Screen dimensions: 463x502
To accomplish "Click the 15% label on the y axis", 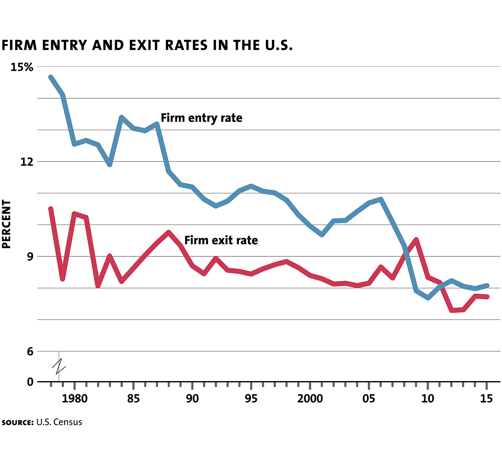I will pyautogui.click(x=21, y=67).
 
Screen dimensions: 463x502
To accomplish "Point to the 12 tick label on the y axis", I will pyautogui.click(x=27, y=162).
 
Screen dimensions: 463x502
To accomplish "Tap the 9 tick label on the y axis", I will pyautogui.click(x=30, y=257).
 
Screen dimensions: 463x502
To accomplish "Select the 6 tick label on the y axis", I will pyautogui.click(x=30, y=352).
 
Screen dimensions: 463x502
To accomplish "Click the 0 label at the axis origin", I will pyautogui.click(x=30, y=381).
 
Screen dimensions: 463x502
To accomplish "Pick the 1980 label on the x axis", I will pyautogui.click(x=74, y=399).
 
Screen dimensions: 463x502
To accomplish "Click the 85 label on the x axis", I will pyautogui.click(x=133, y=399).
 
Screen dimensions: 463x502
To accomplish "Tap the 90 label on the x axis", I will pyautogui.click(x=192, y=399).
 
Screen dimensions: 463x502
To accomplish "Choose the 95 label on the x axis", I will pyautogui.click(x=251, y=399).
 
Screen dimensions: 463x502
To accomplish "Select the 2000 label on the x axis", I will pyautogui.click(x=310, y=399).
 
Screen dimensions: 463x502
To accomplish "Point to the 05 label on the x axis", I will pyautogui.click(x=369, y=399).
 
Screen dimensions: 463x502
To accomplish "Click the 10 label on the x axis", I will pyautogui.click(x=428, y=399).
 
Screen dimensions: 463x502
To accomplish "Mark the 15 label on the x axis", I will pyautogui.click(x=486, y=399).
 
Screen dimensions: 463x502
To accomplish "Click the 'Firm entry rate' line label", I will pyautogui.click(x=201, y=118).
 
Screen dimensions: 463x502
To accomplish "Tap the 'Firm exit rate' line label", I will pyautogui.click(x=221, y=240).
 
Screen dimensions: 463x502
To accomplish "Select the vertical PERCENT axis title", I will pyautogui.click(x=6, y=224).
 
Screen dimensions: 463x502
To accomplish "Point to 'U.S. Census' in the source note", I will pyautogui.click(x=59, y=422).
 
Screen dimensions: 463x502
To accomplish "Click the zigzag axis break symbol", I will pyautogui.click(x=59, y=366).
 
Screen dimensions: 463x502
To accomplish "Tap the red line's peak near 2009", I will pyautogui.click(x=416, y=240).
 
